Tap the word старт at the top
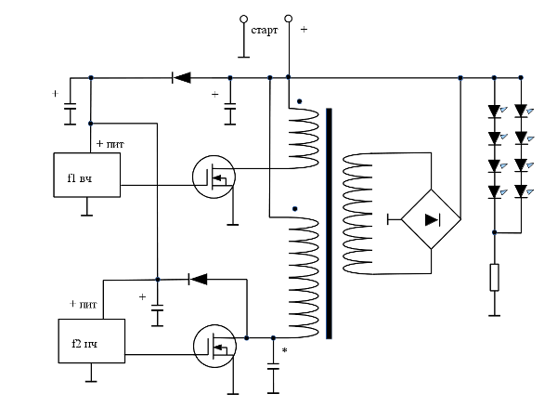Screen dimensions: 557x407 [265, 31]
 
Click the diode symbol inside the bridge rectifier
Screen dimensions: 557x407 [433, 220]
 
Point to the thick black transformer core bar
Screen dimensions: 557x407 [329, 224]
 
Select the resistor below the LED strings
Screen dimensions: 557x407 [494, 277]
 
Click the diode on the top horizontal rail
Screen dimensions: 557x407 [181, 77]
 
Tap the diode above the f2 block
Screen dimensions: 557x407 [198, 279]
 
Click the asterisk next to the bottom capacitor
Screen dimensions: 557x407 [284, 350]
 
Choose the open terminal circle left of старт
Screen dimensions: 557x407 [243, 19]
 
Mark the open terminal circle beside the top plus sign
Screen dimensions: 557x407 [289, 19]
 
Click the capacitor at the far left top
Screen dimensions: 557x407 [70, 109]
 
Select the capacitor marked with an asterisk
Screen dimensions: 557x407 [273, 366]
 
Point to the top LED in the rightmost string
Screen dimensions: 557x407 [521, 111]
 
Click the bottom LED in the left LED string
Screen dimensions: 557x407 [494, 192]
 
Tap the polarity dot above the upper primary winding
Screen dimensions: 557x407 [300, 101]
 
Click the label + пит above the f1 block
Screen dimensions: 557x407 [110, 144]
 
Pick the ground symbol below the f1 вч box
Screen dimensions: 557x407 [87, 215]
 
